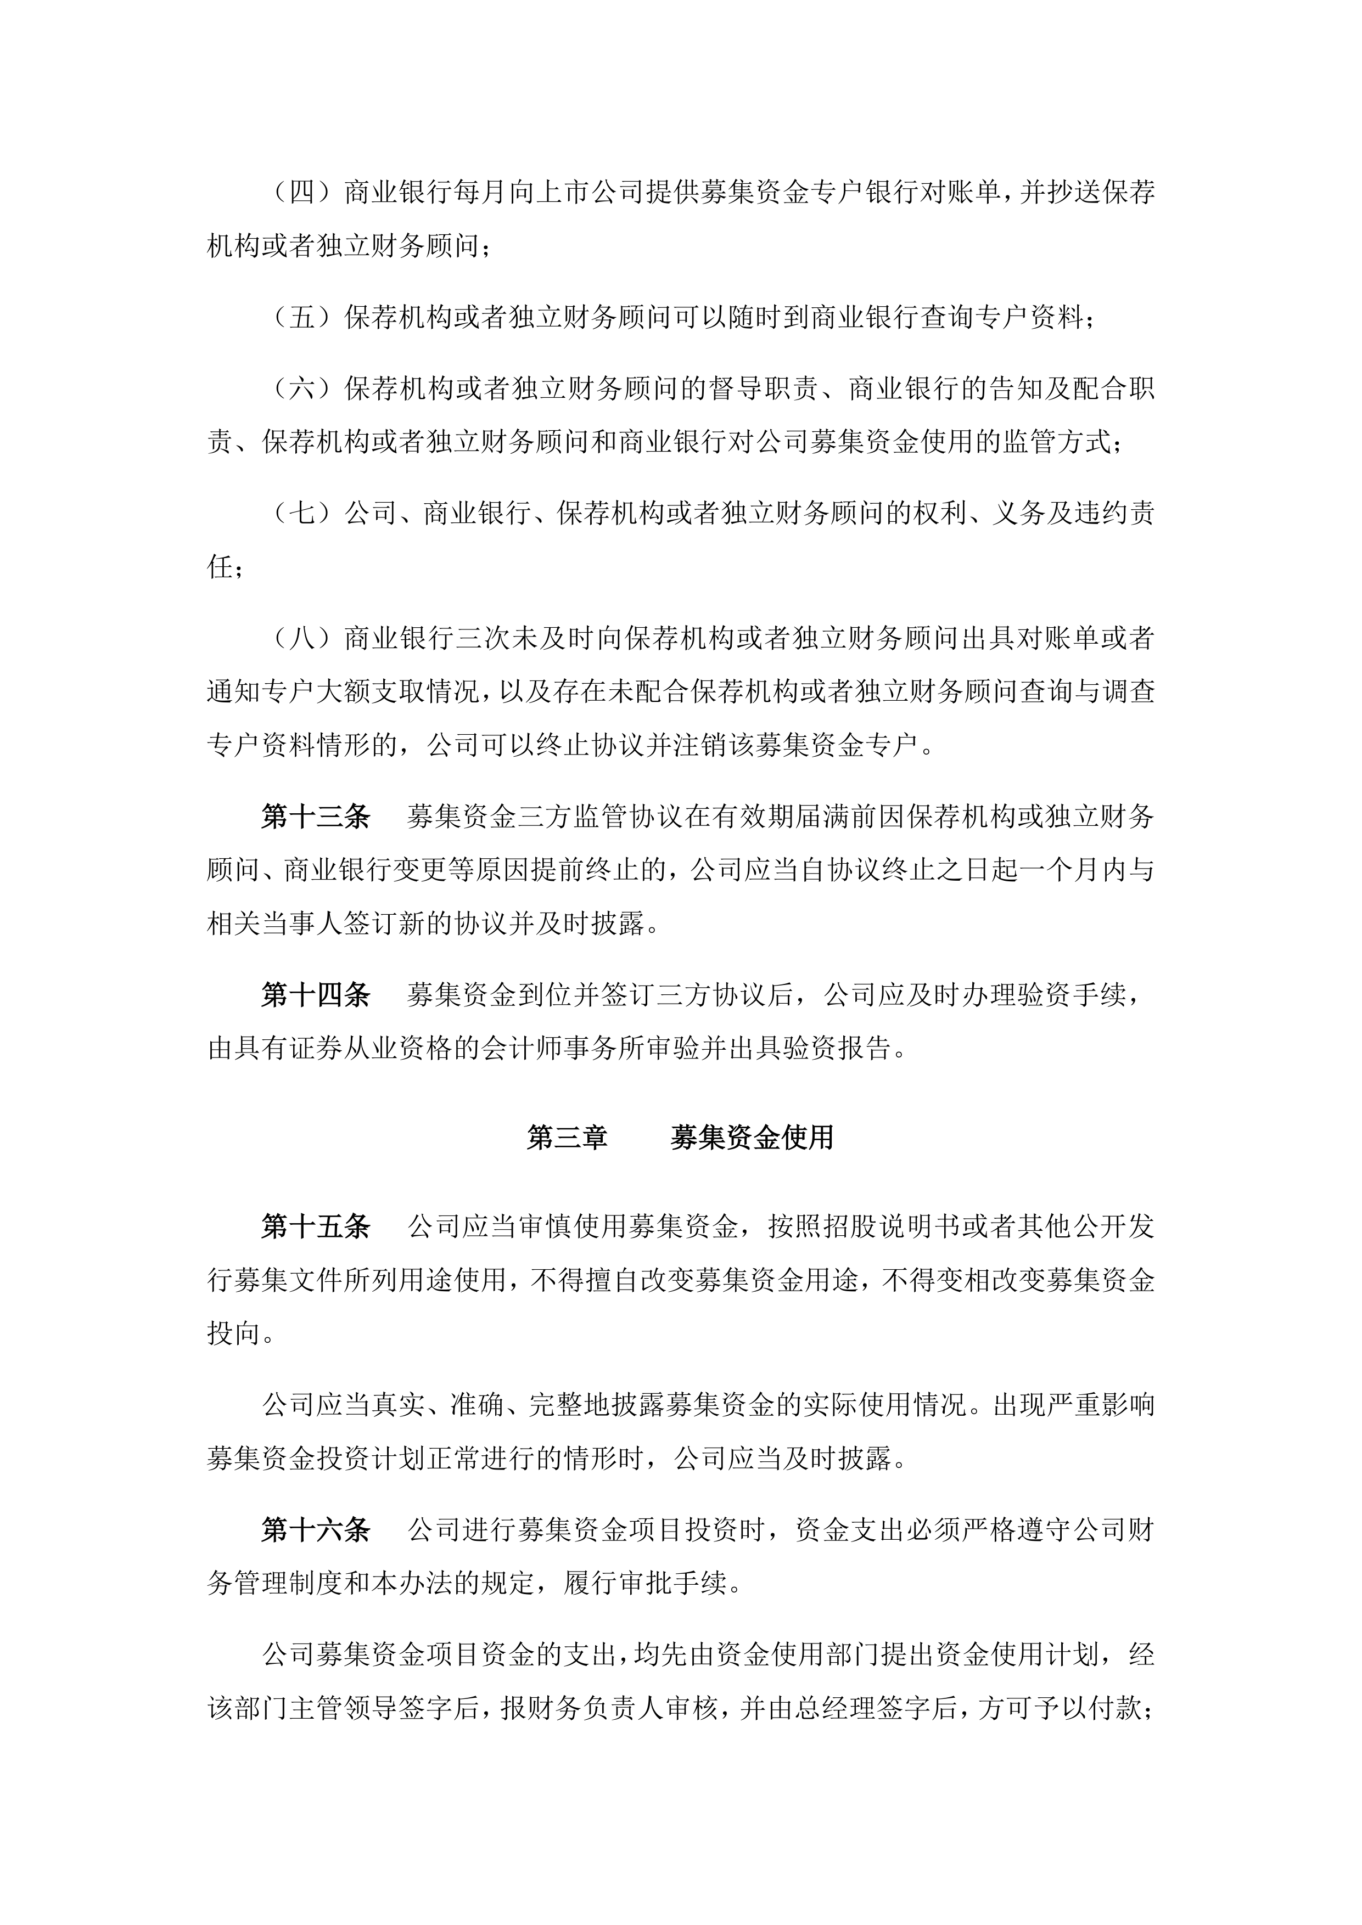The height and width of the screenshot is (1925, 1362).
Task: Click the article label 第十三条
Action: pyautogui.click(x=315, y=817)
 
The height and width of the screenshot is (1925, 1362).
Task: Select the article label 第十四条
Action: pyautogui.click(x=315, y=995)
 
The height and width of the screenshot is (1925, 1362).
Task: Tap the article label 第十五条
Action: pyautogui.click(x=315, y=1226)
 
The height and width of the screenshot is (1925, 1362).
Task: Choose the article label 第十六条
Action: pyautogui.click(x=315, y=1530)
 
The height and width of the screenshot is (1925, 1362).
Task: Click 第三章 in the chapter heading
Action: pyautogui.click(x=567, y=1138)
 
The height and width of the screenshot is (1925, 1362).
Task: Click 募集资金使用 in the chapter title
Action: pyautogui.click(x=752, y=1138)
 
